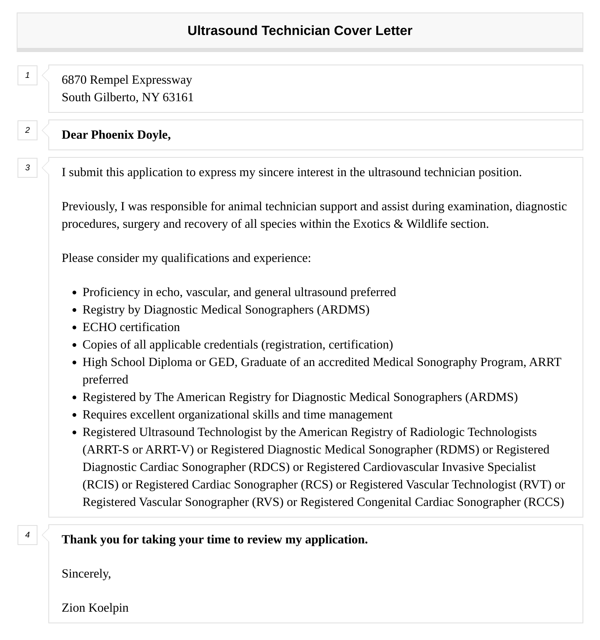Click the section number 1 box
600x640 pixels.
[x=27, y=75]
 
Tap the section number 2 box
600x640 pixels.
[x=27, y=130]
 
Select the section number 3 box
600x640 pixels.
[x=27, y=168]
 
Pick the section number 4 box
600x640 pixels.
[x=27, y=535]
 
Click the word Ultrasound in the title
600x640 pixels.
[x=222, y=30]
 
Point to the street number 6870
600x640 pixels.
[x=74, y=80]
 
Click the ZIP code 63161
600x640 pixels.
[x=178, y=97]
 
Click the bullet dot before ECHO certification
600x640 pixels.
[x=75, y=328]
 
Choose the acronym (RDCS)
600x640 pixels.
[x=269, y=467]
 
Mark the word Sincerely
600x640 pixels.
[x=86, y=573]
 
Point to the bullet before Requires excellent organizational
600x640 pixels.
[x=75, y=415]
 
